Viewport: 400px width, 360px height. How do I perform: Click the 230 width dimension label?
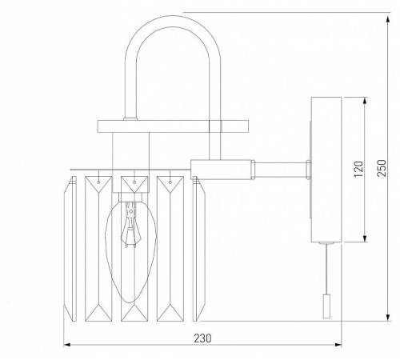point(203,338)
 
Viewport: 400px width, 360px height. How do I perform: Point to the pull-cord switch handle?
point(324,305)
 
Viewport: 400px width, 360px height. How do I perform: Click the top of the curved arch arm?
point(170,25)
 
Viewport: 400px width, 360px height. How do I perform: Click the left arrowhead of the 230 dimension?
point(66,346)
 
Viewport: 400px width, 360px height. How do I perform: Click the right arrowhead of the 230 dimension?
point(339,346)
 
